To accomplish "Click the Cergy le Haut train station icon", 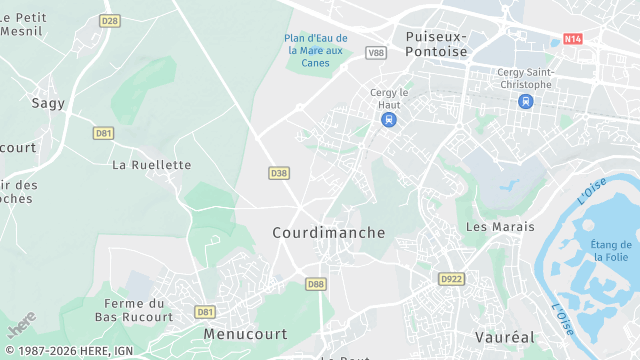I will point(388,119).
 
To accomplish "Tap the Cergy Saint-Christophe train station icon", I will point(525,101).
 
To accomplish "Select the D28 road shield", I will point(110,20).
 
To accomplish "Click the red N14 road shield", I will point(572,39).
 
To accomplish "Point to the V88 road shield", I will point(375,52).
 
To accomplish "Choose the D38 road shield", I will point(279,173).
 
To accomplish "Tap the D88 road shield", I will point(316,284).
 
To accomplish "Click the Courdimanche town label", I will point(328,232).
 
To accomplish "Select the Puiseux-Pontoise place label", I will point(436,43).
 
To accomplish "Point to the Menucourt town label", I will point(245,333).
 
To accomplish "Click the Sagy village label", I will point(48,102).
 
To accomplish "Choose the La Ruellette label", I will point(151,164).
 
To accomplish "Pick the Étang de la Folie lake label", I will point(610,251).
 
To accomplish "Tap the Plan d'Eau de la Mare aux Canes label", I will point(315,50).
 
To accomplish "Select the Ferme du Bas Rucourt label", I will point(134,310).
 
